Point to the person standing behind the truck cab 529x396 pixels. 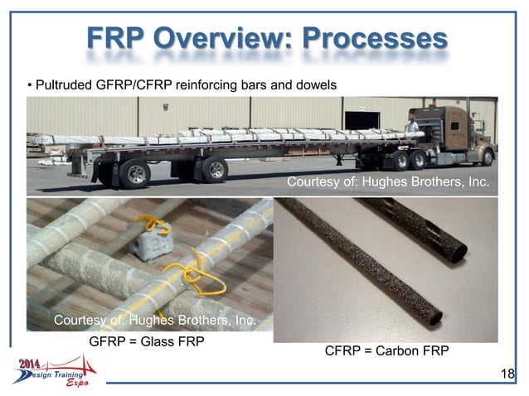pyautogui.click(x=411, y=127)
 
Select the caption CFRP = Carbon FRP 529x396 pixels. pyautogui.click(x=386, y=351)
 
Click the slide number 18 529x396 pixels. pyautogui.click(x=507, y=374)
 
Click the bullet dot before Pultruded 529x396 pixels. pyautogui.click(x=30, y=85)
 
